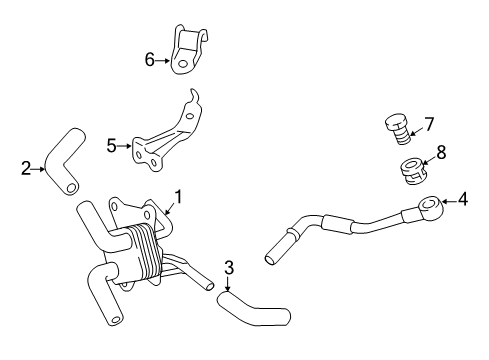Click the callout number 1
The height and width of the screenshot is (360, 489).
(x=179, y=197)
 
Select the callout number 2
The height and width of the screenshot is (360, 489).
(x=26, y=168)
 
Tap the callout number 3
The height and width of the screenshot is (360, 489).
(x=229, y=267)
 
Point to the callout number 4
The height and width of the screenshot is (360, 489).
(x=463, y=199)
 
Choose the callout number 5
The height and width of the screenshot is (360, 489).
(x=111, y=146)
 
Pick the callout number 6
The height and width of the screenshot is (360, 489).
(x=150, y=60)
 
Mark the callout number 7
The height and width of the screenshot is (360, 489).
(x=429, y=124)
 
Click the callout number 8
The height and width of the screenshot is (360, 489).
(x=441, y=152)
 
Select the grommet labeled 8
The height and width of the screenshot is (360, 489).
(x=412, y=171)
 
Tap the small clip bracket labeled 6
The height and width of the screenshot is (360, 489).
(x=188, y=50)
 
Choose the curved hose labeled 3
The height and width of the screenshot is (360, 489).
(x=253, y=310)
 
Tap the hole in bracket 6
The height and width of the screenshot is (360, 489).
(x=182, y=63)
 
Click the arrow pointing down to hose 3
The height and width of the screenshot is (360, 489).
(x=228, y=283)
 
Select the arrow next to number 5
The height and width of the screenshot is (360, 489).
(x=125, y=146)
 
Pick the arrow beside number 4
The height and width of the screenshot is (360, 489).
(x=449, y=201)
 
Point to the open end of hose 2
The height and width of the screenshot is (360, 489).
(x=71, y=189)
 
